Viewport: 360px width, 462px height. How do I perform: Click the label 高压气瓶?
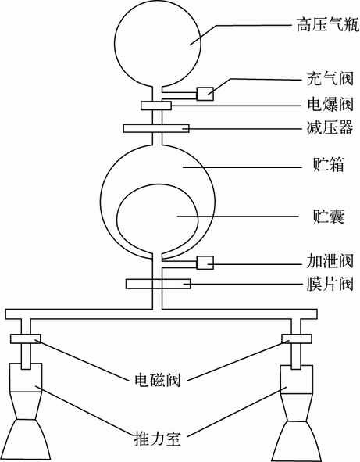pos(328,25)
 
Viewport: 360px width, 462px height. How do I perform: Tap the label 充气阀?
pos(330,79)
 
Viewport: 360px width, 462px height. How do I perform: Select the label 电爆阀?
pos(330,104)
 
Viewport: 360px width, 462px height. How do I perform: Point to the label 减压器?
pos(330,128)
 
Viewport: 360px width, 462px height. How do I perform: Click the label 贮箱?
pos(328,164)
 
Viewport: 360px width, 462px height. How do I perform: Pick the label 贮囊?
pos(328,217)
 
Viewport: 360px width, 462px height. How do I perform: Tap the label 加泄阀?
pos(330,261)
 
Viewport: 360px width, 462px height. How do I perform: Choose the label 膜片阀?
pos(330,284)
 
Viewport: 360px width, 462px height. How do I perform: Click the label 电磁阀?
pos(158,380)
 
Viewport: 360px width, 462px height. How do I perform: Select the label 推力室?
pos(158,438)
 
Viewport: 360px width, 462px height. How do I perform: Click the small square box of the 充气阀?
pos(205,94)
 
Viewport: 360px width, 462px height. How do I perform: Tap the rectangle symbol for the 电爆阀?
pos(156,106)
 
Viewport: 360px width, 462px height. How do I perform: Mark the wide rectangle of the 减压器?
pos(156,128)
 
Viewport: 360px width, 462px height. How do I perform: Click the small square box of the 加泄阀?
pos(205,263)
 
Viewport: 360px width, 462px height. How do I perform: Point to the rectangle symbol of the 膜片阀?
pos(158,284)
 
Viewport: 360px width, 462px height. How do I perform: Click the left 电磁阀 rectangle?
pos(26,338)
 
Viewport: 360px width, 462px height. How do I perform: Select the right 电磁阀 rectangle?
pos(297,338)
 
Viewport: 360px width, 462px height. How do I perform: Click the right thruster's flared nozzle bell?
pos(297,441)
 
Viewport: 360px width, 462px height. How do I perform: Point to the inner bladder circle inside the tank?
pos(117,219)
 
